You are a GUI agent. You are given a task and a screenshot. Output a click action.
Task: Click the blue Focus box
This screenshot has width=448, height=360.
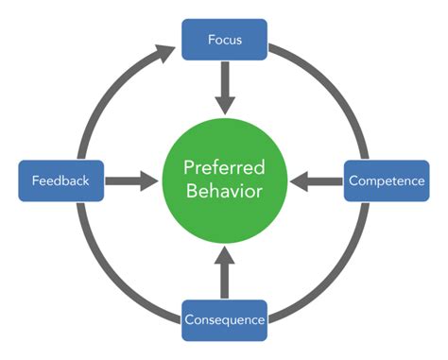[x=224, y=41]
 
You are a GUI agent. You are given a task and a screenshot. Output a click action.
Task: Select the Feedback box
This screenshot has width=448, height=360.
[x=60, y=180]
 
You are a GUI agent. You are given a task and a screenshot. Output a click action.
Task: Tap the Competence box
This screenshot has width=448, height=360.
[x=387, y=180]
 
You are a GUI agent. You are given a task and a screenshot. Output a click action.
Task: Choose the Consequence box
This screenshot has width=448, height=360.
[x=224, y=319]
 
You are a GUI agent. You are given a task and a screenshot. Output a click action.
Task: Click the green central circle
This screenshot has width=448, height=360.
[x=224, y=180]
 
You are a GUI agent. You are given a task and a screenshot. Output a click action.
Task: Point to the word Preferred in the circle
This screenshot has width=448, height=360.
[x=224, y=167]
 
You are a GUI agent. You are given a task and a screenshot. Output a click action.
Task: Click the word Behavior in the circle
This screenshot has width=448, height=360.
[x=224, y=192]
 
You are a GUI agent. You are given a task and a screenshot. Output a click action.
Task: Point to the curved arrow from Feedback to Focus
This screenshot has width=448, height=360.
[x=104, y=90]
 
